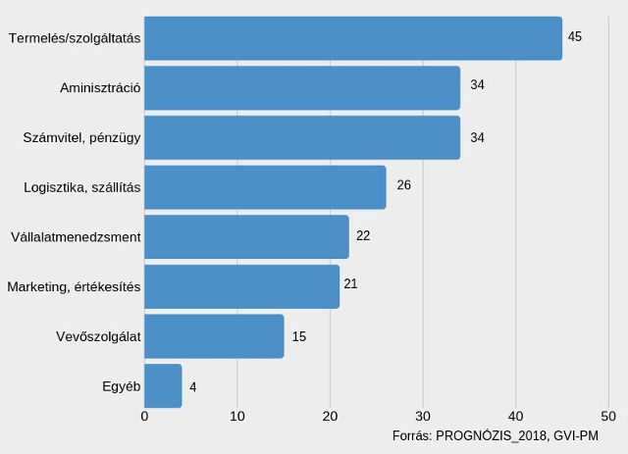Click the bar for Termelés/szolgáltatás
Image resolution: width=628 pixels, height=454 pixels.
click(x=353, y=38)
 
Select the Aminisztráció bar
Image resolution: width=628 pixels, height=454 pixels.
click(x=302, y=88)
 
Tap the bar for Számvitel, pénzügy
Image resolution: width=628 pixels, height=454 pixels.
click(x=302, y=137)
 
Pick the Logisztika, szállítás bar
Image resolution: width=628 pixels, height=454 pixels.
click(x=265, y=187)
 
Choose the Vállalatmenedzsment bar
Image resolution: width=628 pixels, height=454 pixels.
click(x=246, y=237)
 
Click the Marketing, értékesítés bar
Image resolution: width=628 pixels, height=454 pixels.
click(x=241, y=286)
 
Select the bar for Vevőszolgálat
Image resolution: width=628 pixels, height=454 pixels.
click(x=214, y=336)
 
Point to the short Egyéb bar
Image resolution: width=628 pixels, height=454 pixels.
click(x=163, y=385)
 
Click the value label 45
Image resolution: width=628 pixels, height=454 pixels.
click(x=575, y=36)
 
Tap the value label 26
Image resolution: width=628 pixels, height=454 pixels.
click(x=403, y=185)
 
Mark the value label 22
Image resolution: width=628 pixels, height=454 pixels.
click(x=363, y=236)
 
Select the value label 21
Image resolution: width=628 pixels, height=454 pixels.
click(x=350, y=283)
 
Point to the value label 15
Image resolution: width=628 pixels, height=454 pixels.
click(x=299, y=336)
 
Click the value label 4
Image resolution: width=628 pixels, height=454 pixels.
click(x=193, y=387)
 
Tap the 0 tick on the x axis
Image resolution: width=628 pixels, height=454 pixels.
click(x=144, y=416)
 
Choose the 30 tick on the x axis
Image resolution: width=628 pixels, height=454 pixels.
click(x=423, y=416)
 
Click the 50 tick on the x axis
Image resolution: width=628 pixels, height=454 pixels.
click(x=608, y=416)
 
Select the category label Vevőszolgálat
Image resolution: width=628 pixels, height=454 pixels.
click(x=99, y=337)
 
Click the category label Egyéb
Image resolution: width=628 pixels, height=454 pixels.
click(x=122, y=386)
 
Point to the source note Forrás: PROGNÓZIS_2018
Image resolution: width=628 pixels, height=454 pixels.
click(x=495, y=435)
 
